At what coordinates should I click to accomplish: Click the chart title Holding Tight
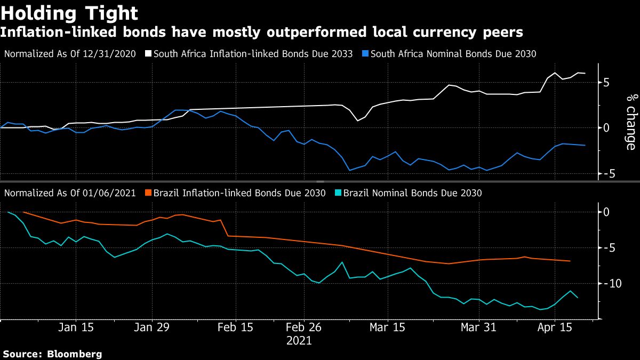coord(70,13)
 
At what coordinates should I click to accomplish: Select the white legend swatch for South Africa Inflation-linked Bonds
coord(149,54)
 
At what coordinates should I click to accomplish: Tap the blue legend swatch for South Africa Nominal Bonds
coord(365,54)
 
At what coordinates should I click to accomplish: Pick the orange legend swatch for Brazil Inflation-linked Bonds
coord(149,193)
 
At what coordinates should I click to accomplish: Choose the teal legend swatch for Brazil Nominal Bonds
coord(339,193)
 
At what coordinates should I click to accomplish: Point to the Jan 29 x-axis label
coord(151,327)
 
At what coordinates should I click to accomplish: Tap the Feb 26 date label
coord(303,327)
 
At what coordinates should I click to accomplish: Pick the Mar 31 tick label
coord(478,327)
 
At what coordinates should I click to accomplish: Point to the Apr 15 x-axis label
coord(555,327)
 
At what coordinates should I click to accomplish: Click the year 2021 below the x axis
coord(299,340)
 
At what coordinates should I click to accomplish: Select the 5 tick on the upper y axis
coord(606,83)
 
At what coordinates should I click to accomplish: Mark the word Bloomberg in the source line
coord(75,354)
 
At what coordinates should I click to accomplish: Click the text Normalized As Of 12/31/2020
coord(70,54)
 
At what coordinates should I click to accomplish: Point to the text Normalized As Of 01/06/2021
coord(70,193)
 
